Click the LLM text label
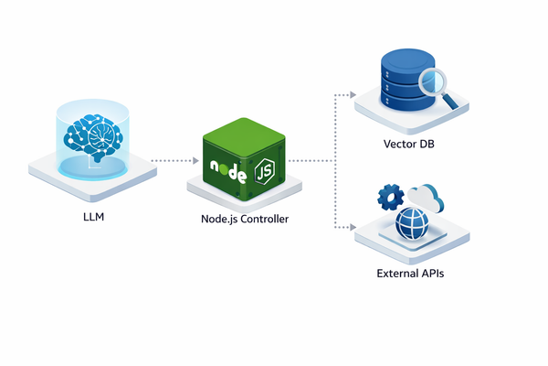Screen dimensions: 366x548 88,219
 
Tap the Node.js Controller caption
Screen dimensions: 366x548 246,219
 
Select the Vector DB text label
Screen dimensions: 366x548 408,145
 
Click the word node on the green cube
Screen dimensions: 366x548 226,170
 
